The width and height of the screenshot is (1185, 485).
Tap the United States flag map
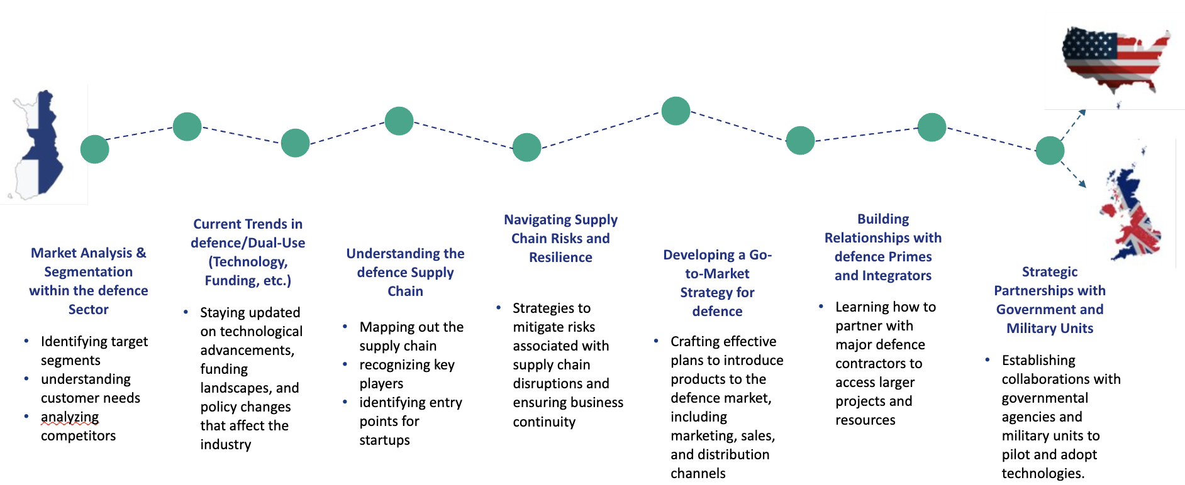coord(1115,60)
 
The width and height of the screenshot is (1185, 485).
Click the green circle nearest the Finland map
coord(95,150)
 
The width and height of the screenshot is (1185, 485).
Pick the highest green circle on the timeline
coord(676,111)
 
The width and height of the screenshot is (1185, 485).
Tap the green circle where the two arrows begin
coord(1050,151)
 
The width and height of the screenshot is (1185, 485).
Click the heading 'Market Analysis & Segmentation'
coord(89,281)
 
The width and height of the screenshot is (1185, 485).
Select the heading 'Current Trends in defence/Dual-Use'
coord(248,252)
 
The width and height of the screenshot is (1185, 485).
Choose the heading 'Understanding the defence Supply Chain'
coord(405,272)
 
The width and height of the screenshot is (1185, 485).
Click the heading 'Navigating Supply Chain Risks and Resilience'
coord(560,238)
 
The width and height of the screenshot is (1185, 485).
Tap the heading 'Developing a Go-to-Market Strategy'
coord(717,283)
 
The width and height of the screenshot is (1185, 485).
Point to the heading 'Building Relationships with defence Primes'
coord(883,247)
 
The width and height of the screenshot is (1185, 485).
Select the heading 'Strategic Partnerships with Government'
coord(1050,300)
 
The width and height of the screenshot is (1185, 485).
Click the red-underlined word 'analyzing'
coord(70,417)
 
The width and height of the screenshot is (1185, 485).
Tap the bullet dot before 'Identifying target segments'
coord(26,341)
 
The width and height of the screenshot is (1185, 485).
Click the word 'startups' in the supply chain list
coord(384,440)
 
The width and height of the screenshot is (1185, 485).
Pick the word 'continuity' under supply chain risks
coord(544,422)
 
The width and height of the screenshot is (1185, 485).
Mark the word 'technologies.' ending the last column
coord(1043,474)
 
